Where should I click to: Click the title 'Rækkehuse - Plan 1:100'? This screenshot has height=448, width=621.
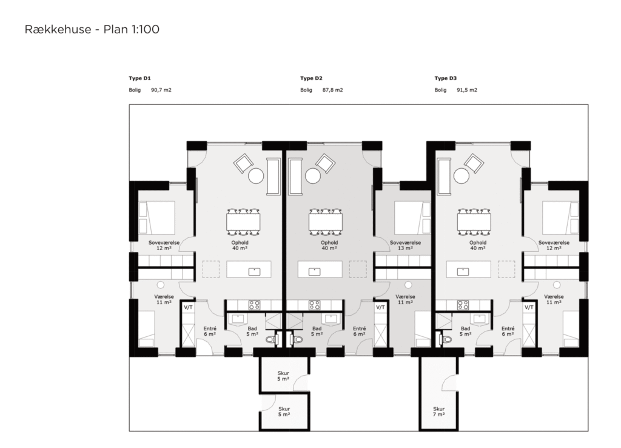pos(92,29)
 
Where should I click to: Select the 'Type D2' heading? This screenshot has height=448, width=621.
pos(311,78)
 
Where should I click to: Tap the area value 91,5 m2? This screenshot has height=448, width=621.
pos(467,90)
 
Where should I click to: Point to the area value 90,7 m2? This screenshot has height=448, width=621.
pos(161,90)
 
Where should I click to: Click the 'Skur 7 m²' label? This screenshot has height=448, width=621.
pos(439,412)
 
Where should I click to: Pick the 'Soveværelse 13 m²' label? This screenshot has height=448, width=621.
pos(405,245)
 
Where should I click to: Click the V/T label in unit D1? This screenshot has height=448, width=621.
pos(188,307)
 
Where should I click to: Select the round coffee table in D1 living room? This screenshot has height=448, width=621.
pos(256,175)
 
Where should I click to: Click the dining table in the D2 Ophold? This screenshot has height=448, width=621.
pos(326,222)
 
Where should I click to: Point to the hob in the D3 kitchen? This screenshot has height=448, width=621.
pos(463,305)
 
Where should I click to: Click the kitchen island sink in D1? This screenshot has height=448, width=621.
pos(254,271)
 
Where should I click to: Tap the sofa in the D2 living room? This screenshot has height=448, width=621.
pos(295,177)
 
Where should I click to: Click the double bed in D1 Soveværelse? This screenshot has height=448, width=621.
pos(156,218)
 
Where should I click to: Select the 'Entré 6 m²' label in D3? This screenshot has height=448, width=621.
pos(508,331)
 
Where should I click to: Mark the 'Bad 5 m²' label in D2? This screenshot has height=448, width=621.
pos(317,331)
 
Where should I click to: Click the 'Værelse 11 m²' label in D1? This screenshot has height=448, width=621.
pos(164,299)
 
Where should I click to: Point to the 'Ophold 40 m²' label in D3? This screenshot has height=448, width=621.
pos(478,245)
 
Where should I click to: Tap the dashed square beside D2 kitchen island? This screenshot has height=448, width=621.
pos(358,269)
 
